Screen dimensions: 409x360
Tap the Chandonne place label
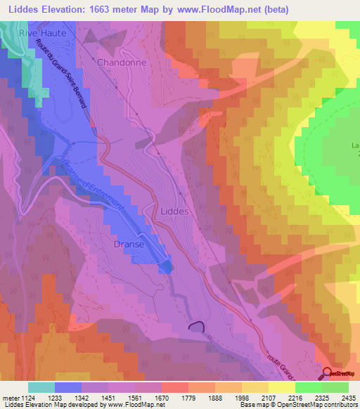121,63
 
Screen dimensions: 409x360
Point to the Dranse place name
129,245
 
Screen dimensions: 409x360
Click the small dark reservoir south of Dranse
195,326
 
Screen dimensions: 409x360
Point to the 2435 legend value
348,397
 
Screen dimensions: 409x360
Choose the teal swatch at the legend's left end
41,387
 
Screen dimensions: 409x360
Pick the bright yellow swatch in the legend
281,387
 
